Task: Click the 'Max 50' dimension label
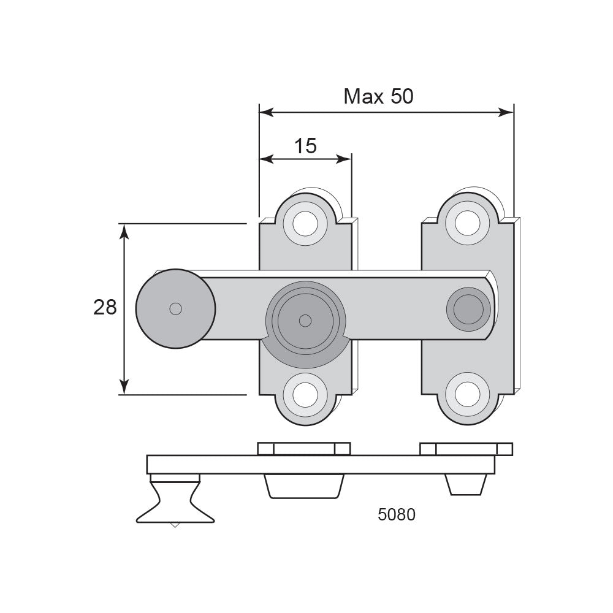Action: tap(378, 96)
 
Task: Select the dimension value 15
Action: tap(305, 147)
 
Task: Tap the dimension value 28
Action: tap(105, 307)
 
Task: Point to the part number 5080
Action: tap(397, 514)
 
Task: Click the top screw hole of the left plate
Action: tap(305, 224)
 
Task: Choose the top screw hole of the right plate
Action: tap(468, 224)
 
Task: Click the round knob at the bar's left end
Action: tap(175, 309)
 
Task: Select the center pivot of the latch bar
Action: tap(305, 321)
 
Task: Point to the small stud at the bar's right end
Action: tap(468, 309)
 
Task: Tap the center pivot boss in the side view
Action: tap(305, 486)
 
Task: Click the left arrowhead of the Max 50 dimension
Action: tap(266, 113)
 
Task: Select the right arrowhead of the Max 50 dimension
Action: tap(507, 113)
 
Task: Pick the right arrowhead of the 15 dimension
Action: tap(345, 159)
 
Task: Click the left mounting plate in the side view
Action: tap(304, 449)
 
